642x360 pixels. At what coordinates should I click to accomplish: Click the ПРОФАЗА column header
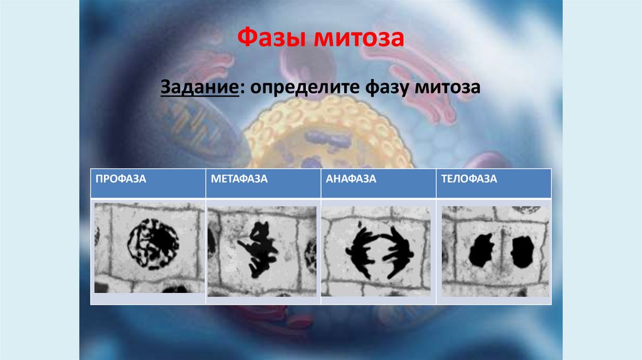[x=121, y=179]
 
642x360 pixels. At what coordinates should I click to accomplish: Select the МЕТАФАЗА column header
[x=239, y=179]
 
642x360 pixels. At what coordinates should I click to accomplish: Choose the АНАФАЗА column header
[x=351, y=179]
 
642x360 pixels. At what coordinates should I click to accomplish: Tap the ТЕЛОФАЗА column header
[x=468, y=179]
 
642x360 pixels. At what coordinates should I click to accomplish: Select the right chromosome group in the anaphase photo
[x=396, y=251]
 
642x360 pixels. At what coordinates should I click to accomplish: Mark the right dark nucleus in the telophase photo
[x=522, y=251]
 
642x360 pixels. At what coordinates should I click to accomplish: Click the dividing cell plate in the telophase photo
[x=502, y=251]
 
